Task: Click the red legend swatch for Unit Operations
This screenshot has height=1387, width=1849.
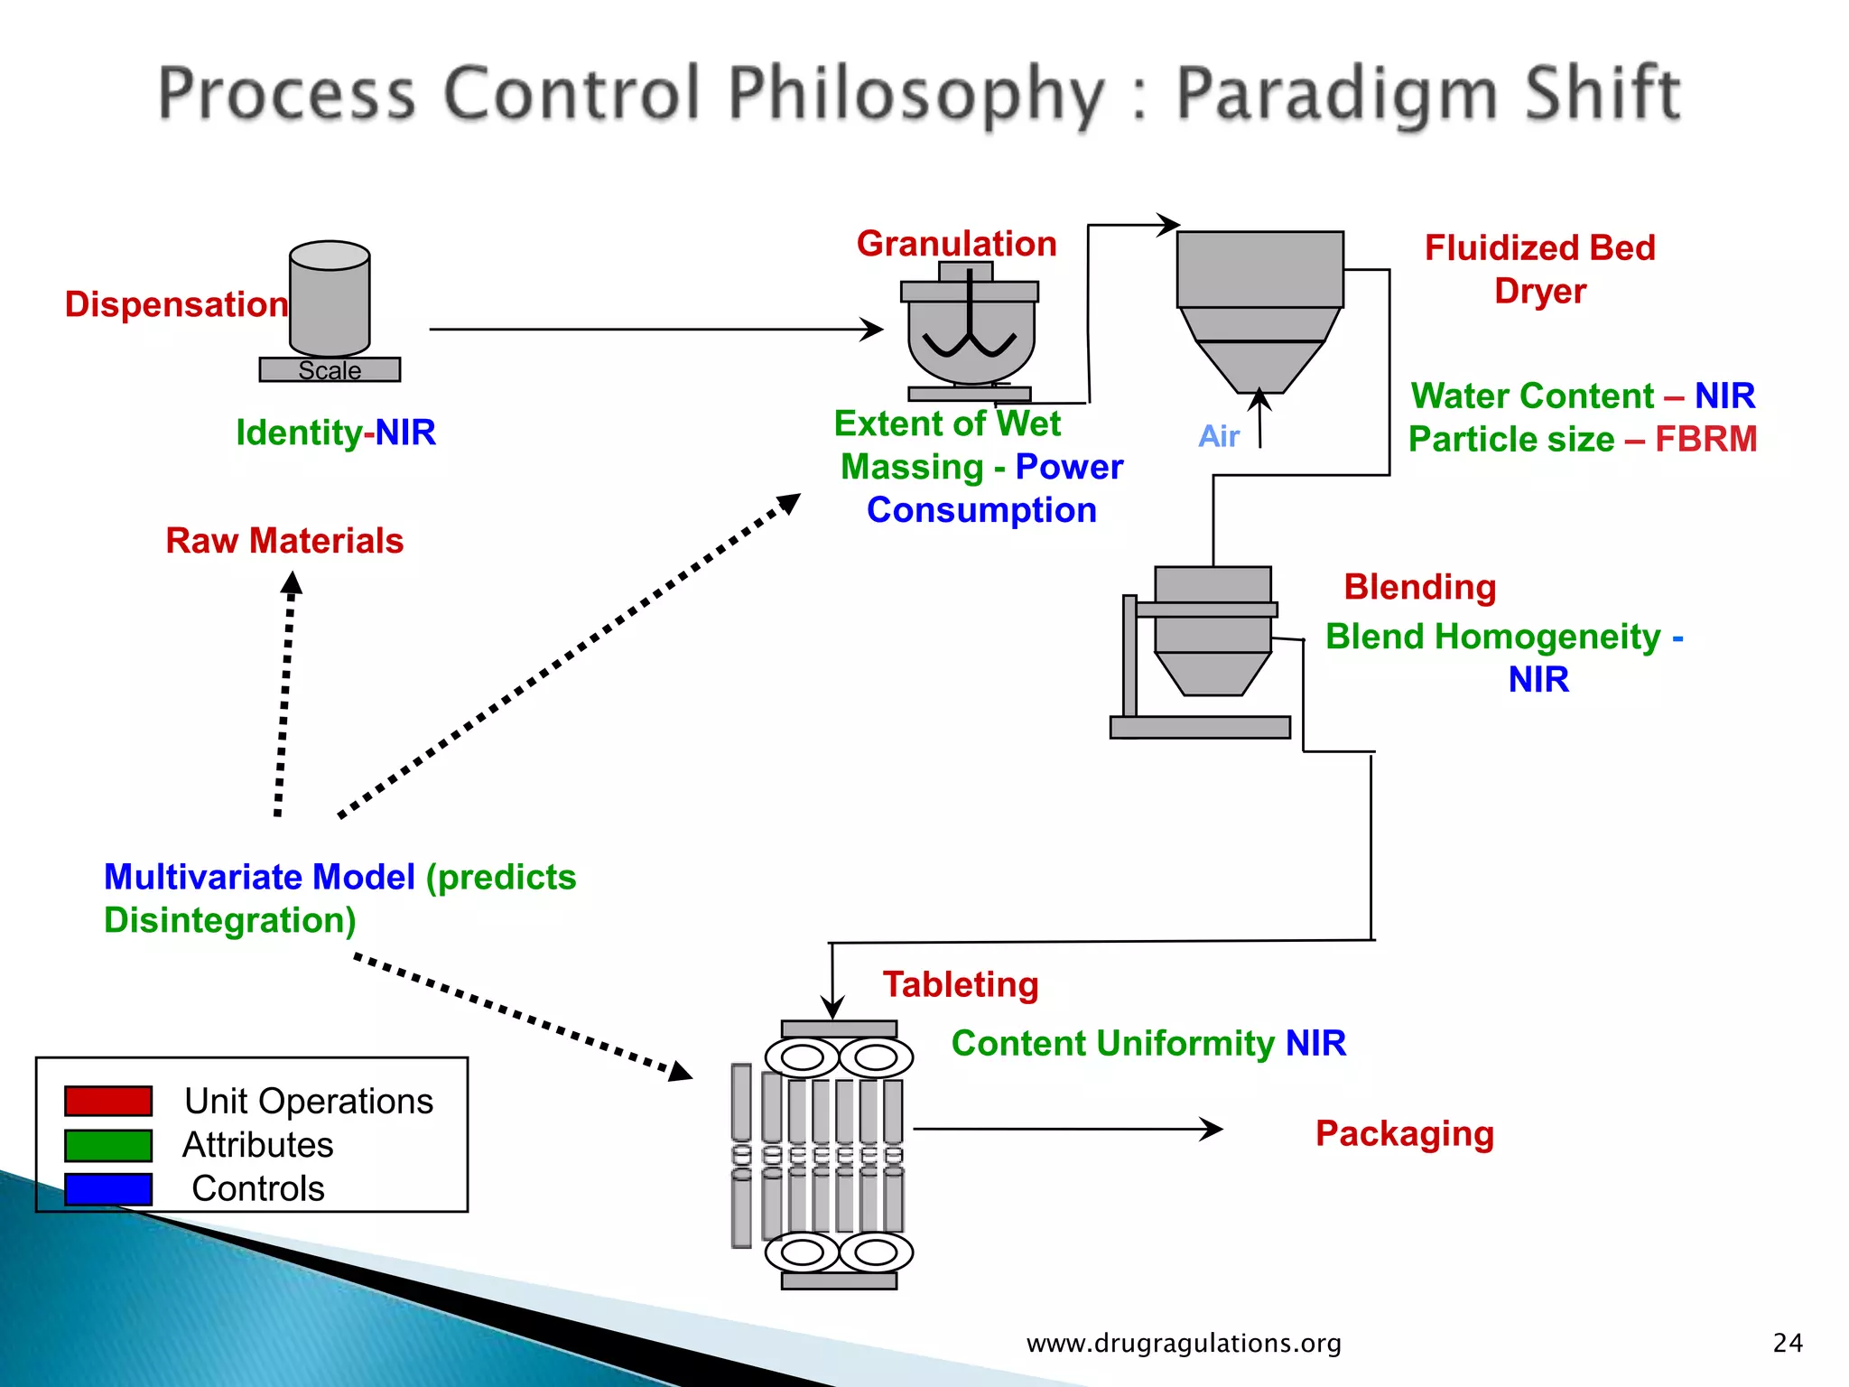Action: pyautogui.click(x=107, y=1101)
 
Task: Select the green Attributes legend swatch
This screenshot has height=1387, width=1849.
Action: pyautogui.click(x=107, y=1145)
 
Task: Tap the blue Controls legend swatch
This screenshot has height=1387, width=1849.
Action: pyautogui.click(x=107, y=1188)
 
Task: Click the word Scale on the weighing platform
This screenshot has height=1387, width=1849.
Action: pyautogui.click(x=330, y=370)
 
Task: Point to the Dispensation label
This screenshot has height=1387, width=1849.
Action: pyautogui.click(x=176, y=304)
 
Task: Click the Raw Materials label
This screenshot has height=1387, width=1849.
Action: pyautogui.click(x=284, y=541)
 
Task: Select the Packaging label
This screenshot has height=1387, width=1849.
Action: pyautogui.click(x=1404, y=1133)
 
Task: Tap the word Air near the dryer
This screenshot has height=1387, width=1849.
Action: pyautogui.click(x=1218, y=437)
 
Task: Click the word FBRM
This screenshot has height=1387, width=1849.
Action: pyautogui.click(x=1705, y=440)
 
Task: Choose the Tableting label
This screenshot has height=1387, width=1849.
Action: pyautogui.click(x=961, y=984)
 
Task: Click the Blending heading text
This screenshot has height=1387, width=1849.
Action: pyautogui.click(x=1419, y=587)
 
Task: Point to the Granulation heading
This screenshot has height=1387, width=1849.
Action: pyautogui.click(x=956, y=244)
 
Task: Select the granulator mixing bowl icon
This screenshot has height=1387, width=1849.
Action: pyautogui.click(x=971, y=339)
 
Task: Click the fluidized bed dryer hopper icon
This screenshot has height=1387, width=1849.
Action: pyautogui.click(x=1259, y=307)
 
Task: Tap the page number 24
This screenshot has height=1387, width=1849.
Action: pyautogui.click(x=1788, y=1344)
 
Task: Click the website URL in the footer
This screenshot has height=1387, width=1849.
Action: pyautogui.click(x=1184, y=1344)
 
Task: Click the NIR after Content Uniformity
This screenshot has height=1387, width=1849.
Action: pyautogui.click(x=1315, y=1044)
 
